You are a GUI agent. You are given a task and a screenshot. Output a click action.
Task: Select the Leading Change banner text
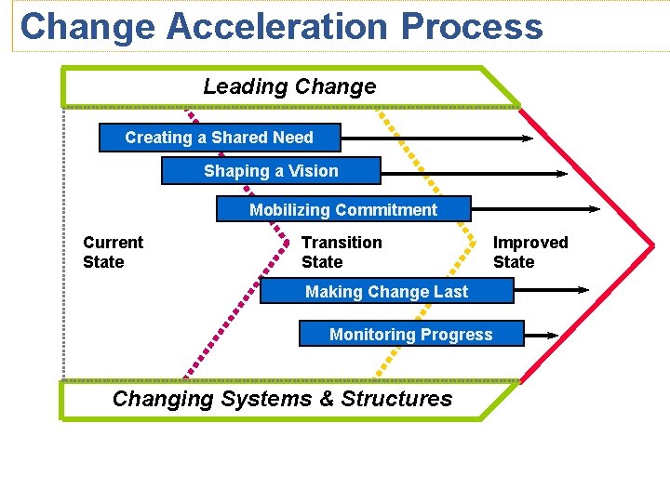click(x=289, y=86)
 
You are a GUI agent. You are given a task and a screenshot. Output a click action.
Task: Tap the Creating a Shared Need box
click(x=220, y=138)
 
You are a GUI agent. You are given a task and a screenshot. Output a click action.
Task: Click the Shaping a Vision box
click(x=271, y=171)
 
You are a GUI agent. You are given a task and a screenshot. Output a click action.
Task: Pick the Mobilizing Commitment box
click(x=343, y=209)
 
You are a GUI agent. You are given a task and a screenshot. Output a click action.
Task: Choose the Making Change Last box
click(x=386, y=291)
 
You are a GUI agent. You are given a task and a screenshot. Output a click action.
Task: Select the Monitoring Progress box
click(x=411, y=334)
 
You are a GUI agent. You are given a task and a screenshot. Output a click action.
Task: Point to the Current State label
click(x=113, y=252)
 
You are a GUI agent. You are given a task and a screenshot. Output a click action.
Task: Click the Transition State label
click(x=341, y=252)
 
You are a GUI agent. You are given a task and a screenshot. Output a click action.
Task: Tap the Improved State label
click(x=529, y=252)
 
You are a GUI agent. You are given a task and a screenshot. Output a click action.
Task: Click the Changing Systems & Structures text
click(x=282, y=399)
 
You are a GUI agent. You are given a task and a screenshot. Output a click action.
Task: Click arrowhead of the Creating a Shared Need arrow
click(x=528, y=139)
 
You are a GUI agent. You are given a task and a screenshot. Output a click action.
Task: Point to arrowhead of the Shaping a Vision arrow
click(x=561, y=173)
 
